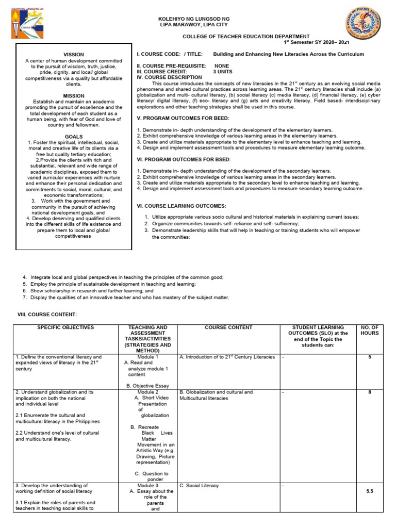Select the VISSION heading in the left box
pos(73,54)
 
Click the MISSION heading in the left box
pos(73,96)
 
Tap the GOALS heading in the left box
pos(73,137)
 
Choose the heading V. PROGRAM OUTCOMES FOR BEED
pos(183,118)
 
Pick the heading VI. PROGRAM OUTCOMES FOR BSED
pos(183,159)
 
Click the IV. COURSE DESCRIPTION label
pos(169,77)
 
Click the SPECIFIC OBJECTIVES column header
pos(65,327)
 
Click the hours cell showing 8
pos(369,392)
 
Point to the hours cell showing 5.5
pos(369,492)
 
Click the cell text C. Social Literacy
pos(199,486)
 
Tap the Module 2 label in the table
pos(147,392)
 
